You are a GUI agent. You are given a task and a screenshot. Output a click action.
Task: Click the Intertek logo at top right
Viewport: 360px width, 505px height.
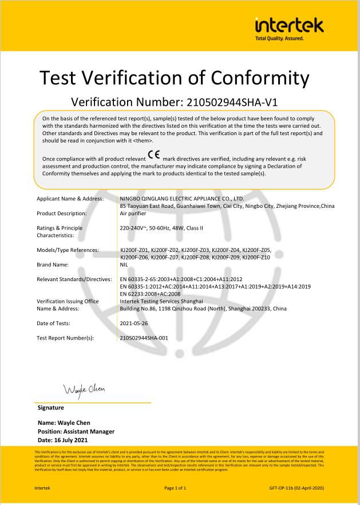tap(289, 25)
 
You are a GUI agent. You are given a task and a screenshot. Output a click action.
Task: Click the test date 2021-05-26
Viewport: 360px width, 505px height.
tap(134, 323)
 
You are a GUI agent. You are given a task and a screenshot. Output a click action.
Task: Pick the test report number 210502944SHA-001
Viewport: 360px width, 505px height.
tap(144, 338)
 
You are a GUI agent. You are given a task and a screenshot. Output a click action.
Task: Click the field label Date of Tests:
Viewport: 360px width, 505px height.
tap(53, 323)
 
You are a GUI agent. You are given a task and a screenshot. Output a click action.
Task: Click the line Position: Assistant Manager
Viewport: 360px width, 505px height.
tap(76, 432)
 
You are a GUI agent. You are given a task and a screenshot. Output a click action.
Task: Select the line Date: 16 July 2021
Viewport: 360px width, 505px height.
tap(62, 440)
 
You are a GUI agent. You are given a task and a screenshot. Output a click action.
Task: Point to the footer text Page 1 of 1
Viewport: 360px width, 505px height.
tap(176, 488)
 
